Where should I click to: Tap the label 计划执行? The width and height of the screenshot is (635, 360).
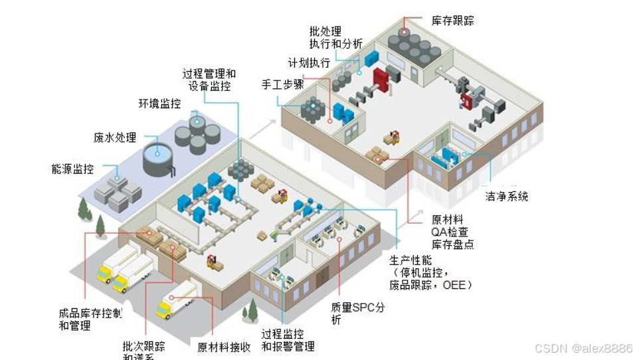[x=309, y=63]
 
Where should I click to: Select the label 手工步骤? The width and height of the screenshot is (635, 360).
[x=283, y=85]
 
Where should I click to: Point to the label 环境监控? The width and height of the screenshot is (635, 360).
[x=159, y=104]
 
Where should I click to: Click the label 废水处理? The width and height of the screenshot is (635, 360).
[x=115, y=138]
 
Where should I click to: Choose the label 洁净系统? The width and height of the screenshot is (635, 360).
[x=506, y=197]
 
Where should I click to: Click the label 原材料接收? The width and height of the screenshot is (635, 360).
[x=224, y=347]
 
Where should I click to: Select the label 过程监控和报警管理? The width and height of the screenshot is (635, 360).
[x=287, y=339]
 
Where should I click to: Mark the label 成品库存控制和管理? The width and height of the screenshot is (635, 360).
[x=90, y=319]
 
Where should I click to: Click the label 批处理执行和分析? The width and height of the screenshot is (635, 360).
[x=335, y=37]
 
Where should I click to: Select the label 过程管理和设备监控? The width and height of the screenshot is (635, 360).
[x=209, y=80]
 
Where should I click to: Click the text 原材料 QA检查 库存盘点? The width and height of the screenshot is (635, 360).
[x=452, y=231]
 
